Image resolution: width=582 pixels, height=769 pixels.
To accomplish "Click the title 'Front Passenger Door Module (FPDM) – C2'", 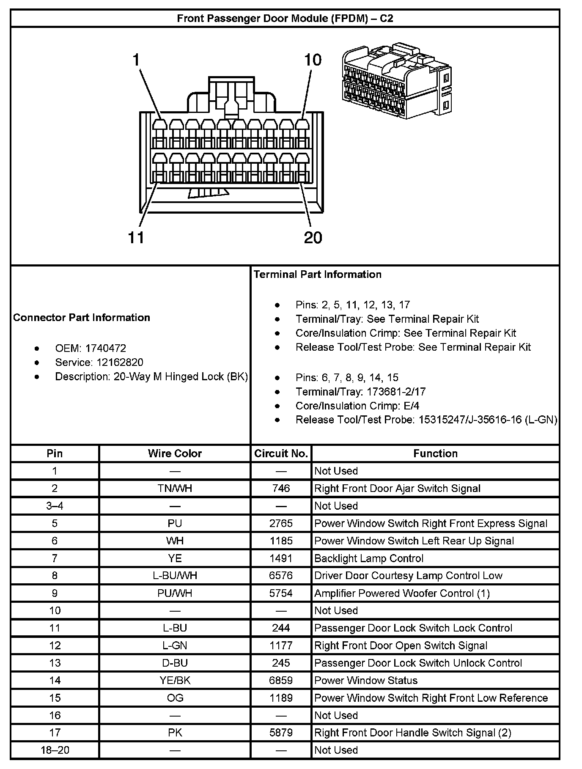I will (285, 19).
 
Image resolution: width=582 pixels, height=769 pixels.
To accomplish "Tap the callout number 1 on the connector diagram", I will (136, 60).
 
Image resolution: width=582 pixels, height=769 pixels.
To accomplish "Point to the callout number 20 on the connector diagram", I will (313, 238).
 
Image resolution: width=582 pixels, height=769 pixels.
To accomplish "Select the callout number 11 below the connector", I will (136, 238).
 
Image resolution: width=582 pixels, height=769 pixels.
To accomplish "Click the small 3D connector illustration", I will (396, 80).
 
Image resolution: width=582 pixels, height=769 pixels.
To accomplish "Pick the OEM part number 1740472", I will (105, 349).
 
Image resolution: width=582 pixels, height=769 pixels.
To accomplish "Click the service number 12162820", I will (120, 363).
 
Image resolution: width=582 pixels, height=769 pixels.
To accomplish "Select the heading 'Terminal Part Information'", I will (317, 275).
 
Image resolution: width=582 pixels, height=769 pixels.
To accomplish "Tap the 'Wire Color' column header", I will (175, 453).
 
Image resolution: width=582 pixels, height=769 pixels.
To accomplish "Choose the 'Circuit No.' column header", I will (281, 453).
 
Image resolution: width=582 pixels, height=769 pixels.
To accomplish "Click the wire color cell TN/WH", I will (175, 489).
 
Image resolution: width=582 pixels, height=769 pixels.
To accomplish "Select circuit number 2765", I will (281, 524).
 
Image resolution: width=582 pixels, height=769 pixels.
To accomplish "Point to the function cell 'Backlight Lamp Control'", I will (368, 558).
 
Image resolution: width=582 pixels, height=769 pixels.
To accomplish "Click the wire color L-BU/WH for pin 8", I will (175, 576).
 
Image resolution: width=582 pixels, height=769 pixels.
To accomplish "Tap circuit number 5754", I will (281, 593).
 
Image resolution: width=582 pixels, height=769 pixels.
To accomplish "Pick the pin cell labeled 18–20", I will (55, 750).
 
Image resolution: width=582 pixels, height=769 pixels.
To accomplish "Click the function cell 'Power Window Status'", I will (366, 680).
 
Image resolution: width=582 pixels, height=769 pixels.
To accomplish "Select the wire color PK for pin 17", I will (175, 733).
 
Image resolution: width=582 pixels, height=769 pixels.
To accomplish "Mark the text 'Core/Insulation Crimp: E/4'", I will (357, 406).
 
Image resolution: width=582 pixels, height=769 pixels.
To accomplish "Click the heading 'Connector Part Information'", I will (82, 318).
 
